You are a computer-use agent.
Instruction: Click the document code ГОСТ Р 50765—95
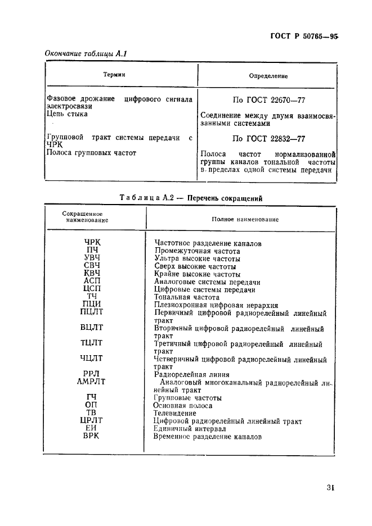click(x=304, y=37)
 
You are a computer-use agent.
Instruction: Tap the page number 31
click(x=329, y=488)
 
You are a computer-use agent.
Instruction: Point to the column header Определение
click(x=268, y=76)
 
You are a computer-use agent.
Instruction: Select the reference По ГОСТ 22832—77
click(x=269, y=139)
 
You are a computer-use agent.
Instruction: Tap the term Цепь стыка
click(x=67, y=114)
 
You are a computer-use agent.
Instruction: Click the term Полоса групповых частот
click(x=91, y=152)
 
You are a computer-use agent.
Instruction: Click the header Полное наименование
click(x=245, y=219)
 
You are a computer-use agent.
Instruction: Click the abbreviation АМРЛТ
click(x=91, y=382)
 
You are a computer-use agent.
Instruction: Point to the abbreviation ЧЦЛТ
click(x=91, y=359)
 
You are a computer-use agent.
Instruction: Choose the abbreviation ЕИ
click(x=91, y=428)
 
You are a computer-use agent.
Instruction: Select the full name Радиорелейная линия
click(x=192, y=374)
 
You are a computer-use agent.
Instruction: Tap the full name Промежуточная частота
click(x=197, y=251)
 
